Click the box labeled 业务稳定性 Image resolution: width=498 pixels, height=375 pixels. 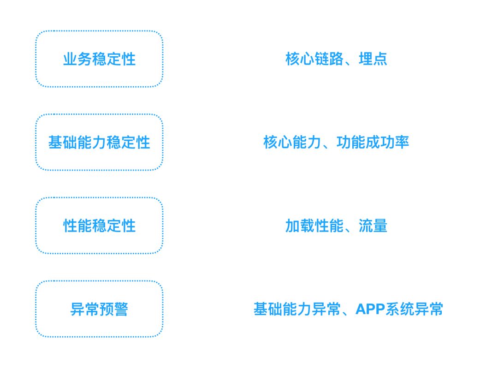coord(99,59)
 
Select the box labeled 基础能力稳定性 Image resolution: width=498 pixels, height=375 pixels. coord(99,143)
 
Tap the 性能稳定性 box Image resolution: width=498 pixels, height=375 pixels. coord(99,226)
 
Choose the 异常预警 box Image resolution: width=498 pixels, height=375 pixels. coord(99,309)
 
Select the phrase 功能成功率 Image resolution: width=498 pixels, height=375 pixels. coord(373,143)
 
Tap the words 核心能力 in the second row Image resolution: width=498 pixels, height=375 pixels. coord(292,143)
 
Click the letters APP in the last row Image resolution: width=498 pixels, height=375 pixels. coord(370,309)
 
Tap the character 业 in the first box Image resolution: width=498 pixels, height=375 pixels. coord(70,59)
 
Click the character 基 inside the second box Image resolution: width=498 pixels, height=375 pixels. coord(55,143)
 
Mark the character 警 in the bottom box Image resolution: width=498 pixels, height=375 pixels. coord(121,309)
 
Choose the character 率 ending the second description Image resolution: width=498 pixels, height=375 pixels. coord(402,143)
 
